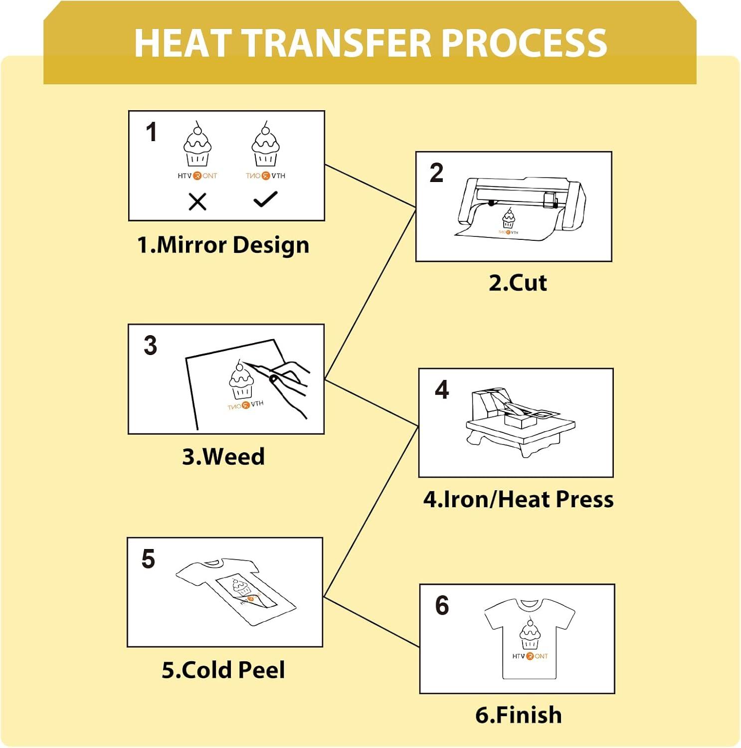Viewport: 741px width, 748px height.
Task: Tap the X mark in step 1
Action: point(197,202)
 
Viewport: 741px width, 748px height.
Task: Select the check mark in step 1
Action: point(265,199)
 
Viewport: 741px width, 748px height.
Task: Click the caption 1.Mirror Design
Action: point(223,245)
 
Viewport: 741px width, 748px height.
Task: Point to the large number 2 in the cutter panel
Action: point(436,173)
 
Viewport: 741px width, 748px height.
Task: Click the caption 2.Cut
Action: point(518,283)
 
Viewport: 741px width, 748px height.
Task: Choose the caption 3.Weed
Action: point(223,457)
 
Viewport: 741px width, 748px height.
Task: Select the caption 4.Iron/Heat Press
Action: point(518,500)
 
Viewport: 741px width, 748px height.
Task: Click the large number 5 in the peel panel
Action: point(148,559)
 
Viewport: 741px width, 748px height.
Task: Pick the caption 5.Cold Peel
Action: point(223,670)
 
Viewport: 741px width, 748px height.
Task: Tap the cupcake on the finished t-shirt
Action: point(530,633)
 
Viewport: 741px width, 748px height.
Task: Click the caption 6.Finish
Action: point(519,715)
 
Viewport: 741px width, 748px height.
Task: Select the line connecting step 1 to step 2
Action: point(370,186)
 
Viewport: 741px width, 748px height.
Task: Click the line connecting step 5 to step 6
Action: point(371,622)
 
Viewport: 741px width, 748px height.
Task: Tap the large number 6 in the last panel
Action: point(442,605)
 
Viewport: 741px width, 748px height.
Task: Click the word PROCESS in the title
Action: point(524,43)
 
